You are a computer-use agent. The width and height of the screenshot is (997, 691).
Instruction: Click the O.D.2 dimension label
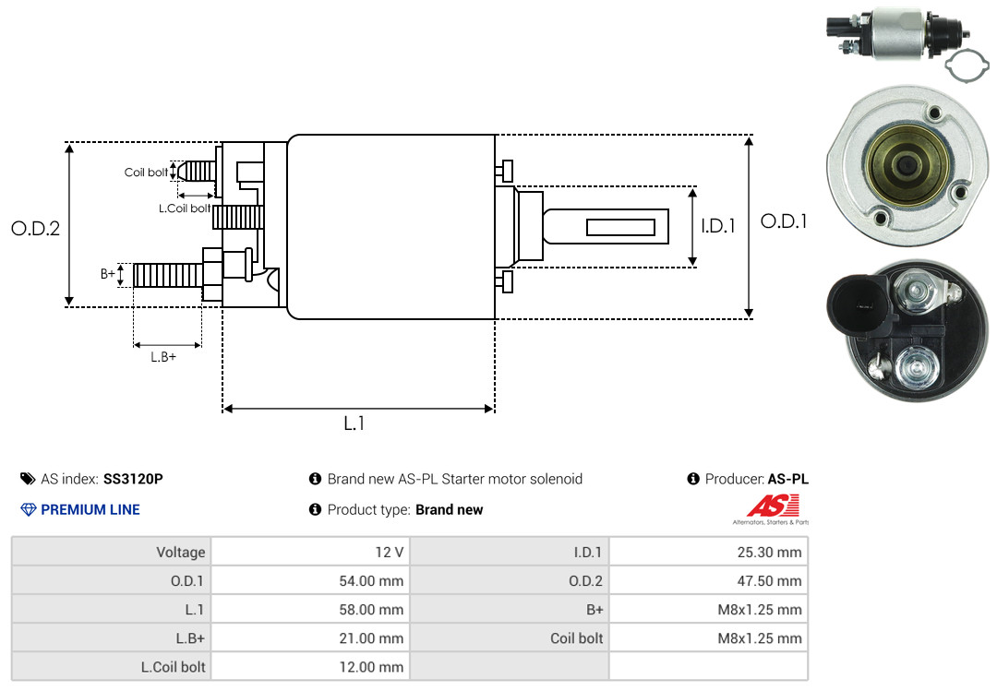[x=36, y=228]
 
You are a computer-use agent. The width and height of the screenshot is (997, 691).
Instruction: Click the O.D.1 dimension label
[x=784, y=221]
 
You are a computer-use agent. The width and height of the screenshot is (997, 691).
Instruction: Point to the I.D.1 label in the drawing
[x=718, y=226]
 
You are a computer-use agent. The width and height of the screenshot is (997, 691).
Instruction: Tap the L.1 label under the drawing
[x=354, y=423]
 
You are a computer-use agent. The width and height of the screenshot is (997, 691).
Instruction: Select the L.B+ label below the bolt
[x=163, y=357]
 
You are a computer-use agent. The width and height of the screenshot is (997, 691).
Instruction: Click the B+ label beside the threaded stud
[x=107, y=274]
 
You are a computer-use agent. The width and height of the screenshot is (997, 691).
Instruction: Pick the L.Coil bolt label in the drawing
[x=185, y=208]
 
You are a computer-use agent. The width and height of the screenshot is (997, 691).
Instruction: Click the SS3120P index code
[x=133, y=479]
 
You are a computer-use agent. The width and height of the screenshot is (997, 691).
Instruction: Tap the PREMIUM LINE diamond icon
[x=29, y=509]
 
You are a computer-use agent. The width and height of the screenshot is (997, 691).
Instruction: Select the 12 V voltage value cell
[x=310, y=552]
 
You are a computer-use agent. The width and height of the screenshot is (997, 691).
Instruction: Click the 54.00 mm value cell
[x=310, y=580]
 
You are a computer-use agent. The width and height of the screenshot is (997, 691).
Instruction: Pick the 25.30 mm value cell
[x=708, y=552]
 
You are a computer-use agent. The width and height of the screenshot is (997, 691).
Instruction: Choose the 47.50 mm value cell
[x=708, y=580]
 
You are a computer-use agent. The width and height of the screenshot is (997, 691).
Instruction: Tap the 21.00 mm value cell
[x=310, y=637]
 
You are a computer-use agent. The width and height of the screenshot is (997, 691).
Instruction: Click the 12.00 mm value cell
[x=310, y=667]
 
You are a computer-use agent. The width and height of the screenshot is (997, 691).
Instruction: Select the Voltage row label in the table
[x=181, y=552]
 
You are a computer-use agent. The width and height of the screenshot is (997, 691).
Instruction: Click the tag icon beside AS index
[x=28, y=479]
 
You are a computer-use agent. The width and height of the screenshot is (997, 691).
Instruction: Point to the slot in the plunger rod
[x=620, y=227]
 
